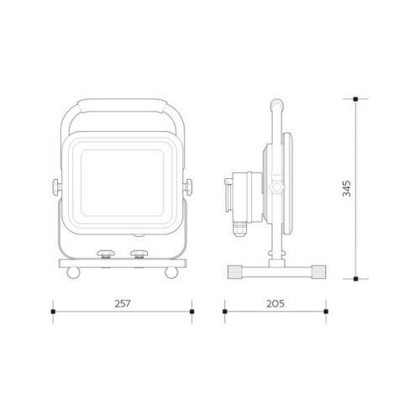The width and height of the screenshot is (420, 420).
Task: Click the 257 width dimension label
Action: click(x=123, y=303)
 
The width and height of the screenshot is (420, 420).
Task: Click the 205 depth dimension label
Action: click(x=276, y=303)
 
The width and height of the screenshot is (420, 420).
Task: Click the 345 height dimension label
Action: click(x=347, y=188)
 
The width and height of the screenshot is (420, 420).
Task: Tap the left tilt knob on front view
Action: click(x=57, y=187)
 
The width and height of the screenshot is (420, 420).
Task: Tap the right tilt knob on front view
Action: click(x=187, y=187)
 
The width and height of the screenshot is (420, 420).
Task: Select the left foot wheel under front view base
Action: click(x=73, y=272)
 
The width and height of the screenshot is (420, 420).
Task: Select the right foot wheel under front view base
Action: click(x=171, y=272)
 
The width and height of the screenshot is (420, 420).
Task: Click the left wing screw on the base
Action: click(x=106, y=255)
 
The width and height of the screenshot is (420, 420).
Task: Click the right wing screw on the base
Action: click(x=139, y=255)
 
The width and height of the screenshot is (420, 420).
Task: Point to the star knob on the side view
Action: click(x=276, y=187)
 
